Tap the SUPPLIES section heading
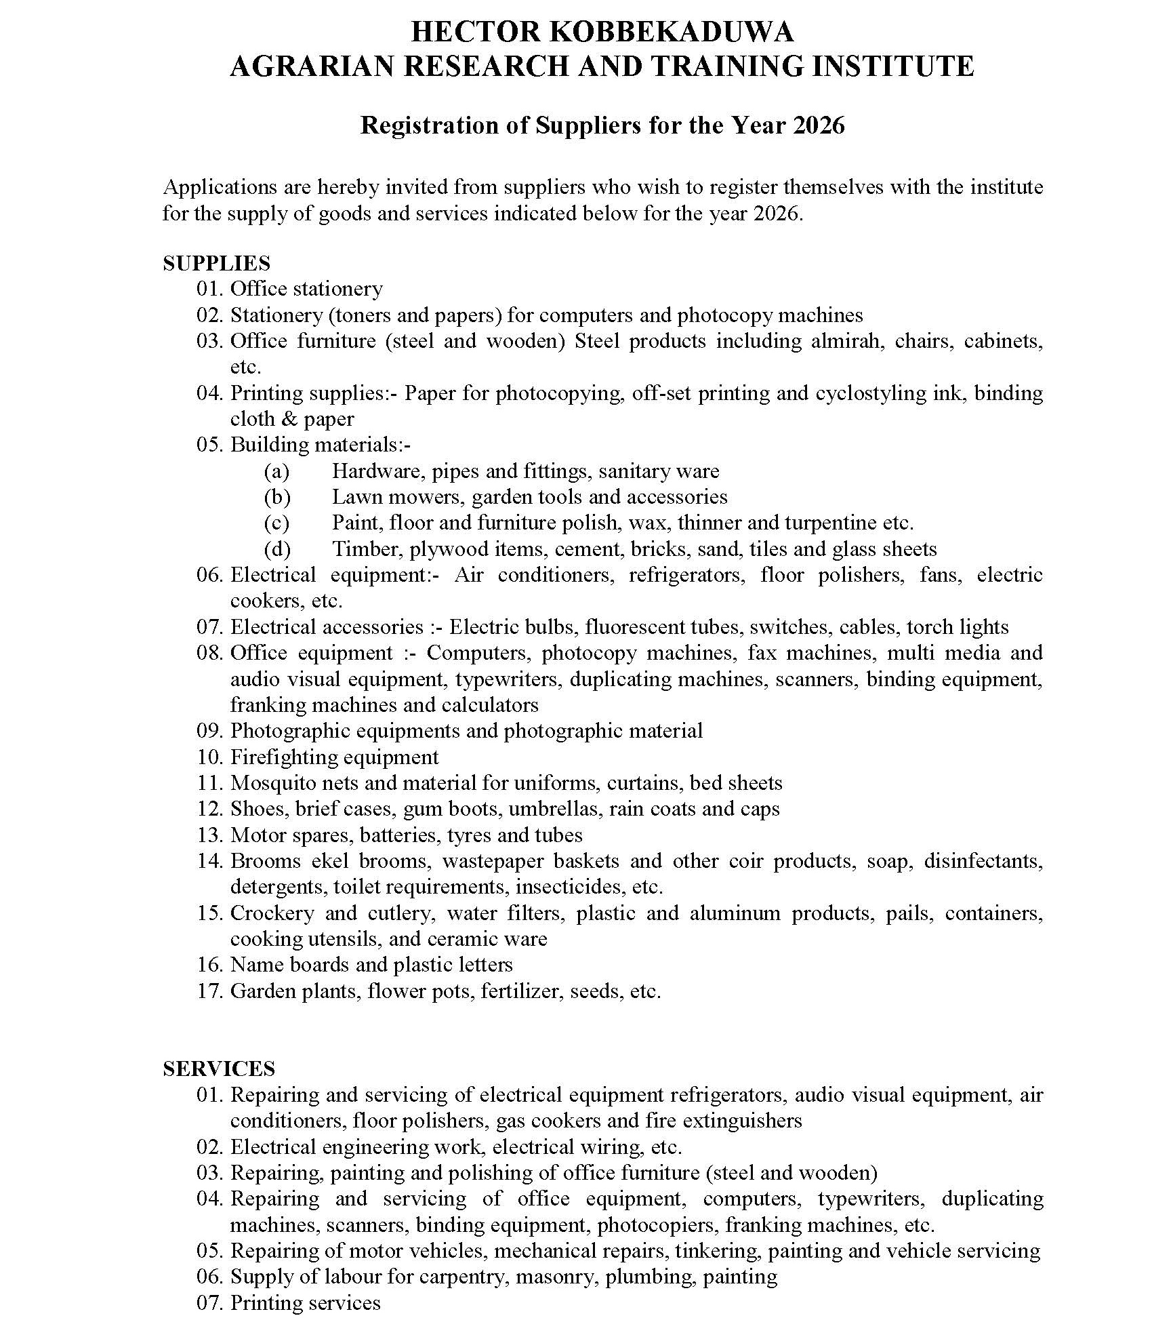(x=216, y=263)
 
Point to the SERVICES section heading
(x=219, y=1069)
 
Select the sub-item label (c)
(x=276, y=523)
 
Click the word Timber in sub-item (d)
(x=365, y=548)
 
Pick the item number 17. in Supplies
(x=210, y=991)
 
